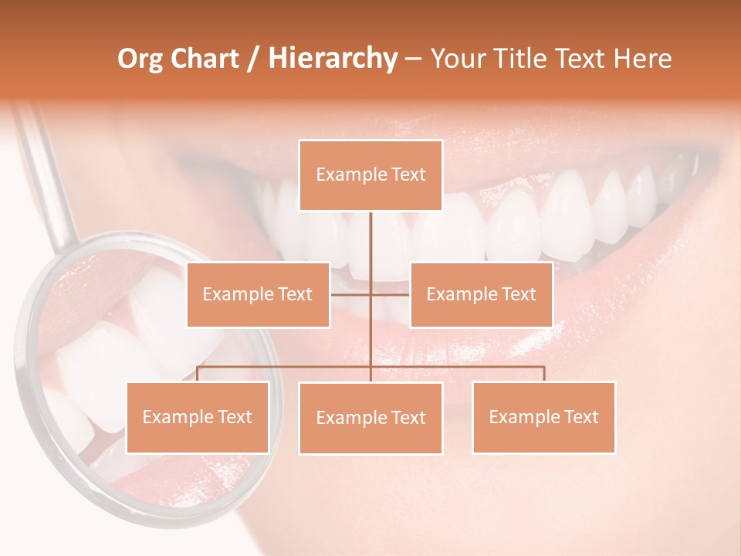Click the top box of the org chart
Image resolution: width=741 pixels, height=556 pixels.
click(370, 175)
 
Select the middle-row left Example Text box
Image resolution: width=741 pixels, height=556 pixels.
click(258, 294)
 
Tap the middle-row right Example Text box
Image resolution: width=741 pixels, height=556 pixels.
click(481, 294)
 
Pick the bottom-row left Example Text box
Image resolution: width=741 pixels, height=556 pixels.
click(198, 417)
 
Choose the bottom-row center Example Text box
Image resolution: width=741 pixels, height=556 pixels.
click(370, 418)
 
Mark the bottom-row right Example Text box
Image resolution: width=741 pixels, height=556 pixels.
click(543, 417)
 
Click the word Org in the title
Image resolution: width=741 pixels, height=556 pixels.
click(141, 59)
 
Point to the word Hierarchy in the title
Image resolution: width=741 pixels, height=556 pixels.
click(333, 59)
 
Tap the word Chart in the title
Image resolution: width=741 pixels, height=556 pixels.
click(205, 59)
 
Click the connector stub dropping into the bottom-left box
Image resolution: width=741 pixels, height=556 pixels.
click(198, 374)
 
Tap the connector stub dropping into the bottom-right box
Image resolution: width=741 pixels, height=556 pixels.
click(544, 374)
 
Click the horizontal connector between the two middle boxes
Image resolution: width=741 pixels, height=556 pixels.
click(370, 294)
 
